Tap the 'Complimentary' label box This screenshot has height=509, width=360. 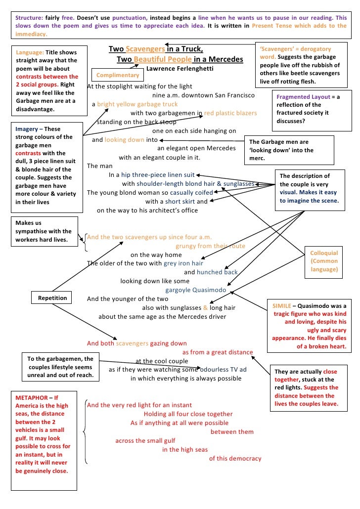tap(118, 75)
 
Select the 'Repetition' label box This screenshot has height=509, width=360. tap(52, 298)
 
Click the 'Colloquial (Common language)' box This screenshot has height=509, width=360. tap(324, 261)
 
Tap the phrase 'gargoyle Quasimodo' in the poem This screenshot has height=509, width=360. tap(195, 290)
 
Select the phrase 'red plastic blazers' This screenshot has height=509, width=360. tap(230, 113)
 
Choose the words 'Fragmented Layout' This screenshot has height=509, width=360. tap(303, 97)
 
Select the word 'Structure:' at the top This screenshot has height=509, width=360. tap(30, 17)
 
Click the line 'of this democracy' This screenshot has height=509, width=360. tap(235, 459)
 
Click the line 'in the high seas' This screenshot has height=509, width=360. tap(185, 450)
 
